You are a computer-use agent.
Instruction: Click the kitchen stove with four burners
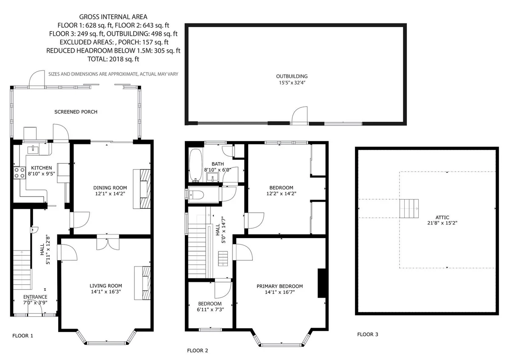(x=20, y=173)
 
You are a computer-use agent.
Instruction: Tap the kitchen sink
(x=33, y=150)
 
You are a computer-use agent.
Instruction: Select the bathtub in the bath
(x=196, y=165)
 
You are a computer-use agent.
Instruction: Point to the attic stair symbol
(x=409, y=208)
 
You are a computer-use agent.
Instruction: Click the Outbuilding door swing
(x=299, y=115)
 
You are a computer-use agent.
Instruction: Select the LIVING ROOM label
(x=106, y=286)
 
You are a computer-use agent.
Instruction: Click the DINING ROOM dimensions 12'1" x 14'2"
(x=110, y=194)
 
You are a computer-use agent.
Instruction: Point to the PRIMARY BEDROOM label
(x=280, y=286)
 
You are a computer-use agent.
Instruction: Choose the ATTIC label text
(x=442, y=217)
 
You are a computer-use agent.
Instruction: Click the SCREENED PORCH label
(x=76, y=112)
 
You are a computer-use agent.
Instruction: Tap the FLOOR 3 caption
(x=368, y=334)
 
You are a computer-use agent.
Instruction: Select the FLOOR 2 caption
(x=198, y=351)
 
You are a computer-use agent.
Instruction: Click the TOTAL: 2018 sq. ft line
(x=113, y=59)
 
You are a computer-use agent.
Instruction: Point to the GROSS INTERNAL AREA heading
(x=113, y=17)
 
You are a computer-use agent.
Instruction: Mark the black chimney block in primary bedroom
(x=322, y=283)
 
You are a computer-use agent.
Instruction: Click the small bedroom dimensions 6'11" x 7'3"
(x=210, y=309)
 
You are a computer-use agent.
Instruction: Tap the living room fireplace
(x=143, y=283)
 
